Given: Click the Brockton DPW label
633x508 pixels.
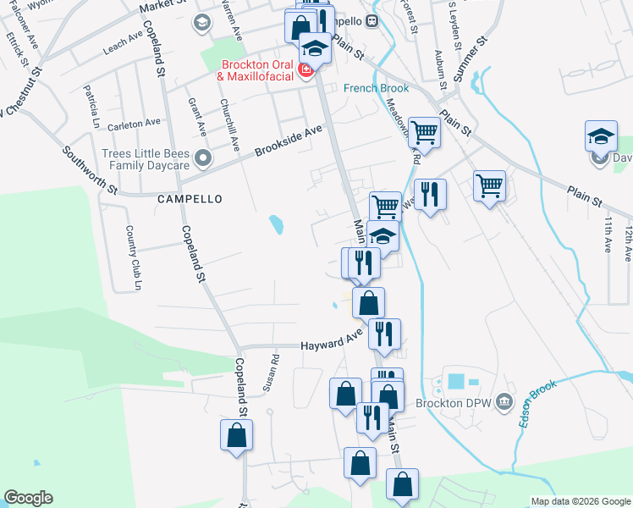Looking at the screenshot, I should point(461,401).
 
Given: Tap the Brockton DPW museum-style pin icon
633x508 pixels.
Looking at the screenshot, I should point(504,400).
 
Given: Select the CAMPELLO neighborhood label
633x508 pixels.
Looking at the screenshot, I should point(190,199).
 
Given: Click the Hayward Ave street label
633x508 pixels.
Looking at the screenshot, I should point(333,344).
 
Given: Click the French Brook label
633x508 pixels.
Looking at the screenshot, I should point(376,88).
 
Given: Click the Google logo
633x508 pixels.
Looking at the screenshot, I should point(28,498).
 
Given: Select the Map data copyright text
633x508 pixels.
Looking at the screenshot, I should point(580,501).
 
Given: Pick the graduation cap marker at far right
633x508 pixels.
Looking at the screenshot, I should point(600,137).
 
